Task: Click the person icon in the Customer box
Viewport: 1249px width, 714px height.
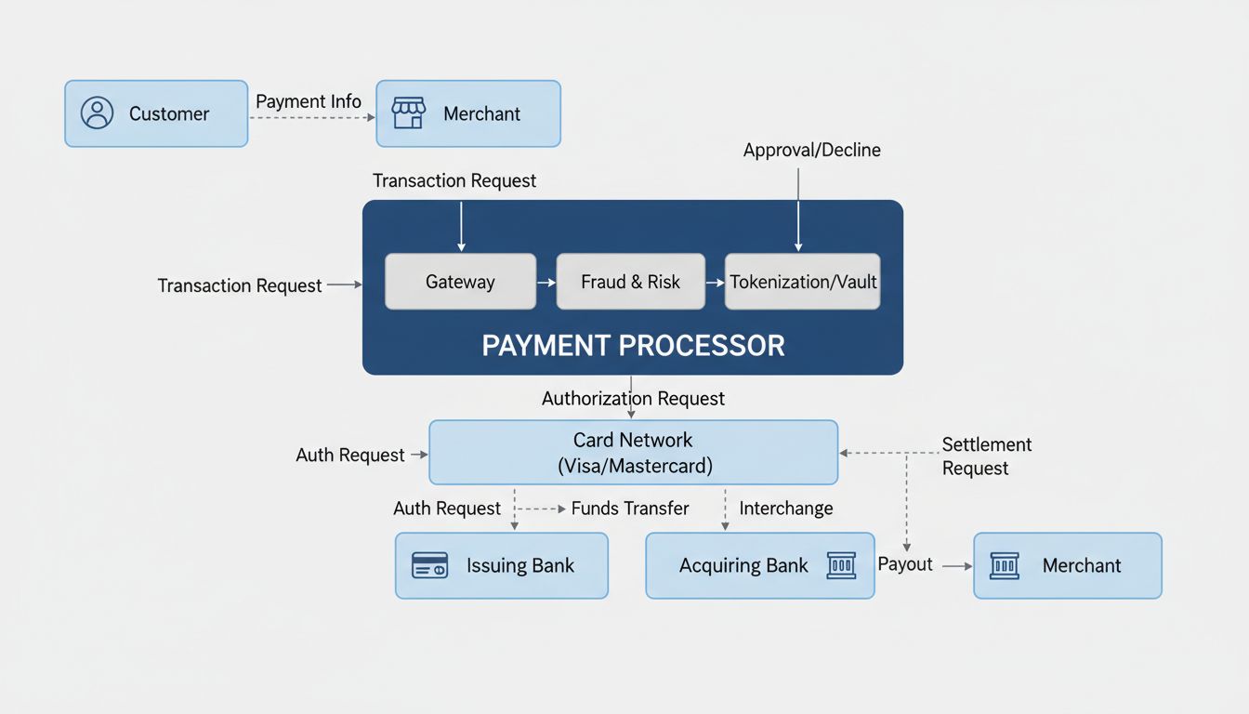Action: (97, 113)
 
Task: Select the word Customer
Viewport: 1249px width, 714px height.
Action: (169, 114)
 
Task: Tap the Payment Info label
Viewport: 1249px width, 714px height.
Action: (309, 101)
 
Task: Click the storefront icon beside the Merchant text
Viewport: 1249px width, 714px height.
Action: (408, 113)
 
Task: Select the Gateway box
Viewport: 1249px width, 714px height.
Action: (460, 282)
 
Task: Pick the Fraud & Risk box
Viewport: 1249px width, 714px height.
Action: (630, 282)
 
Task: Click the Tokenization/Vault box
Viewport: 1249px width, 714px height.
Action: (802, 282)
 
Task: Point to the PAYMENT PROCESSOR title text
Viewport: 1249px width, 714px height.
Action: (633, 346)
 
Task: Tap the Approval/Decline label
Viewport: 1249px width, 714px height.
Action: (811, 150)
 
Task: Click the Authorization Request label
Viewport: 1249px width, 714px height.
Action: (633, 399)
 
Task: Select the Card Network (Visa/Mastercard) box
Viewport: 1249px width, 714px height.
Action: (633, 453)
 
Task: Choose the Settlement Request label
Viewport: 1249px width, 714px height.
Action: (986, 456)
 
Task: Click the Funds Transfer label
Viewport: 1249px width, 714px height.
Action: (630, 509)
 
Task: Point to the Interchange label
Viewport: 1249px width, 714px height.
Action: (786, 509)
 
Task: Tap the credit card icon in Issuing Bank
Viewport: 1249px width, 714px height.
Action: (429, 565)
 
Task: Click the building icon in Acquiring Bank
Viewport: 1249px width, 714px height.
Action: (840, 565)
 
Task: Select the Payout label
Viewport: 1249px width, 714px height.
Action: (905, 564)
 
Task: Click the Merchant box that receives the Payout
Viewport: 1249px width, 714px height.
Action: (1067, 565)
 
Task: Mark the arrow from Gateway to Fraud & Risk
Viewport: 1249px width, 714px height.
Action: (546, 282)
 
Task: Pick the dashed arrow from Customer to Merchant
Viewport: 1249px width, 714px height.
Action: (311, 118)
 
